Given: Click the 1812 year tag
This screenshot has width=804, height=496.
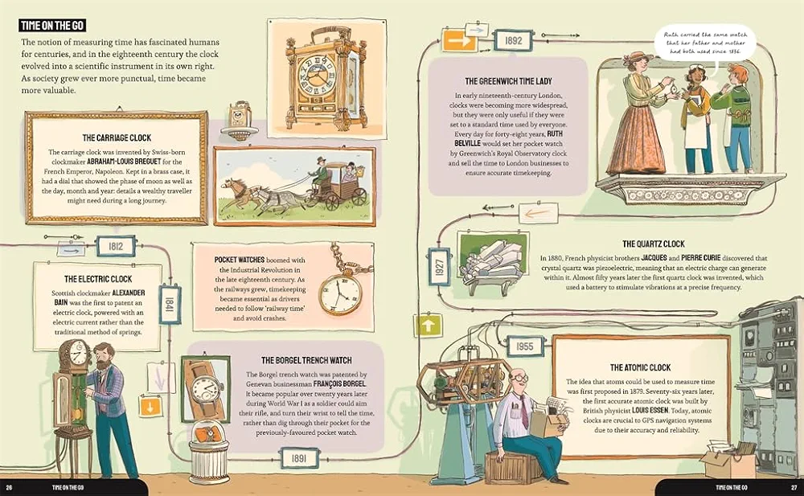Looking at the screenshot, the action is (x=116, y=246).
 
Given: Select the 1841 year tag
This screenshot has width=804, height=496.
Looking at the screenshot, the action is (x=169, y=304).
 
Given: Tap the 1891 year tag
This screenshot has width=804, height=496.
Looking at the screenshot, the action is (x=299, y=458).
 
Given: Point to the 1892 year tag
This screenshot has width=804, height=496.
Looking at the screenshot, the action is (x=513, y=40).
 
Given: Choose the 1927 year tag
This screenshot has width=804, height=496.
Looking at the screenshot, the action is (x=440, y=267).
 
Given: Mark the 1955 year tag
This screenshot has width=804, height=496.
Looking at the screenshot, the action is (x=524, y=346).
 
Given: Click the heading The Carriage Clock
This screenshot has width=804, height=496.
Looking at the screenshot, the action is (x=117, y=137).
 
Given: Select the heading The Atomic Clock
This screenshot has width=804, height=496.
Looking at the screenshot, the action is (x=641, y=367).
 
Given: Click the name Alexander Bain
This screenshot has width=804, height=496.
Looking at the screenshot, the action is (x=100, y=297).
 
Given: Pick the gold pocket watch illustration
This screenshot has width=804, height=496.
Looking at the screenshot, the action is (x=340, y=293).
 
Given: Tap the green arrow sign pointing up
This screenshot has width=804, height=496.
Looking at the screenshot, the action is (x=428, y=326).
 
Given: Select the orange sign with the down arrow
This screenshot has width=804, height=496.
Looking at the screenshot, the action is (x=150, y=408).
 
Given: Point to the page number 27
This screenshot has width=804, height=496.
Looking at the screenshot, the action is (x=794, y=487).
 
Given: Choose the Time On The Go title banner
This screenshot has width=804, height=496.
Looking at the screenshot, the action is (x=52, y=26).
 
